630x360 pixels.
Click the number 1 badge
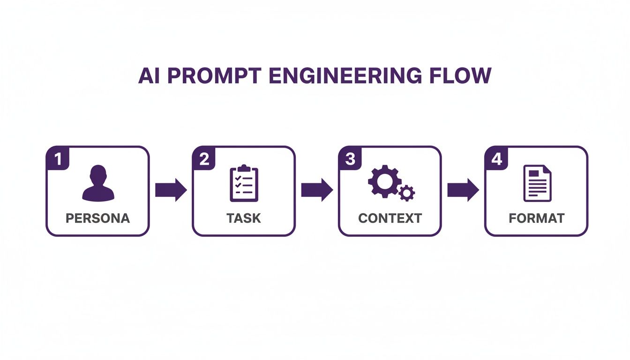click(x=58, y=159)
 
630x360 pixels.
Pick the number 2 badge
click(x=204, y=159)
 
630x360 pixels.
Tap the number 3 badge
click(x=350, y=159)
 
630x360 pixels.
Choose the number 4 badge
click(x=496, y=159)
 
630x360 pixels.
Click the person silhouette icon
click(x=98, y=183)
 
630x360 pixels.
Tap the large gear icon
click(x=383, y=180)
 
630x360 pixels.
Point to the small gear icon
click(x=406, y=193)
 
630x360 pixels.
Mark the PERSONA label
click(x=97, y=218)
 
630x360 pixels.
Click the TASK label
click(x=244, y=218)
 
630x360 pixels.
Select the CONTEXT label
click(x=390, y=218)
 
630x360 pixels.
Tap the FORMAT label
click(x=537, y=218)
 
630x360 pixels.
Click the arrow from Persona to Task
click(x=171, y=190)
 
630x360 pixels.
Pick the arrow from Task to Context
click(x=317, y=190)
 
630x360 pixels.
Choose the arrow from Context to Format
click(x=463, y=190)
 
